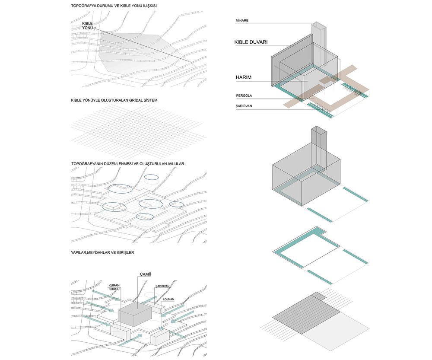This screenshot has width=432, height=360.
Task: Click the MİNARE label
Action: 242,21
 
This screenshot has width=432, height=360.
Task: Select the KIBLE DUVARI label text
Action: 251,42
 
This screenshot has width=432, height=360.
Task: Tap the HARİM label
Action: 244,77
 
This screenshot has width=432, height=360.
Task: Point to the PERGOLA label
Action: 245,96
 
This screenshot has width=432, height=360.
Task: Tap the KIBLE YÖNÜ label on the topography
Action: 88,25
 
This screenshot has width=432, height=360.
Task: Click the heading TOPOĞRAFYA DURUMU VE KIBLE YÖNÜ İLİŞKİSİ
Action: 114,6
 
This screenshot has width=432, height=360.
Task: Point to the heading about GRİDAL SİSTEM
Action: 114,101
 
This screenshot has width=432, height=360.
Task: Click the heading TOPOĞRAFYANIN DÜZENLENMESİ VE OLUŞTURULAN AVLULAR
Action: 127,164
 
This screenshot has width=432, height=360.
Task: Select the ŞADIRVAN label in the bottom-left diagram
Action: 162,286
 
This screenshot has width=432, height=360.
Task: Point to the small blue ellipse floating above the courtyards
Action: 151,177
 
